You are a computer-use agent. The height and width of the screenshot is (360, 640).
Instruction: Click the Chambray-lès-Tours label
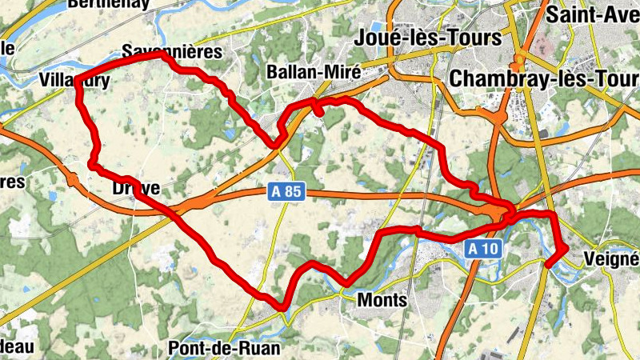544,78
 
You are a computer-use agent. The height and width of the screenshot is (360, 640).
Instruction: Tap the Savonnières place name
170,50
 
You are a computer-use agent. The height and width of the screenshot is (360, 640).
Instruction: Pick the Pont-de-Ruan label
225,348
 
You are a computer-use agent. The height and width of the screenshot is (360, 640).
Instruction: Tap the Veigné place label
611,259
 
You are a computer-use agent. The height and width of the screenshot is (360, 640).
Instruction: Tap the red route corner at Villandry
80,86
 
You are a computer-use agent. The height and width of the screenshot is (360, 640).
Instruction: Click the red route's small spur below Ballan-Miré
319,113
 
